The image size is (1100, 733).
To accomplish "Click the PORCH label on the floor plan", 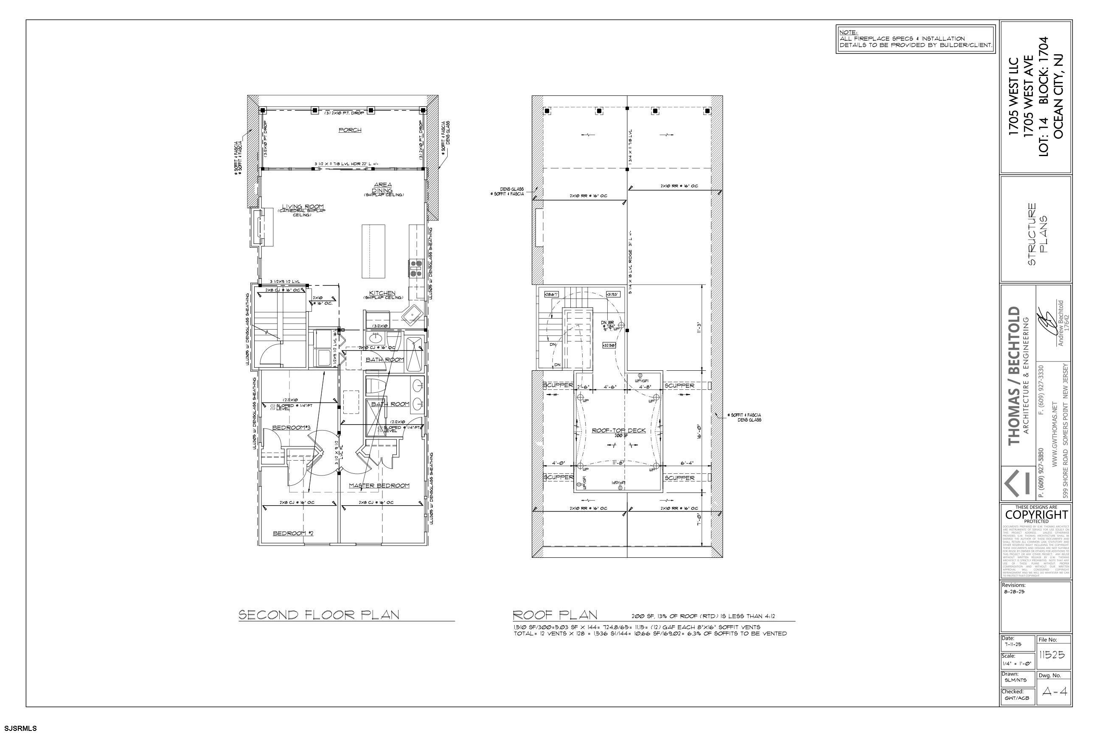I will tap(350, 130).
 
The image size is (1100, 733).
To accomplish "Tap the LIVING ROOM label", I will tap(303, 207).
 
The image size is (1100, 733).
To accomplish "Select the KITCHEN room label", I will tap(382, 293).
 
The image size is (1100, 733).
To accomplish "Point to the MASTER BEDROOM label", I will tap(379, 486).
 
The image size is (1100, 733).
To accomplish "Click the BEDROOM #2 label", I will tap(293, 533).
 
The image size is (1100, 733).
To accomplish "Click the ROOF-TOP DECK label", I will tap(618, 431).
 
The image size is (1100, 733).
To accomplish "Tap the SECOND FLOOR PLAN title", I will tap(319, 614).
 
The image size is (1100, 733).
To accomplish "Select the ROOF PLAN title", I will tap(555, 614).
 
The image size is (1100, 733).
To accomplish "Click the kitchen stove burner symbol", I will tap(416, 269).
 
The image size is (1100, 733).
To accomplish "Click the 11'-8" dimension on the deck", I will tap(619, 463).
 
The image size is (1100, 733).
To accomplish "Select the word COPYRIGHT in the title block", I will tap(1037, 515).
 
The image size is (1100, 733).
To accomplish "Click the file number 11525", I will tap(1052, 655).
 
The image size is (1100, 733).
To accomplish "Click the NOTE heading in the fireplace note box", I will tap(848, 32).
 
